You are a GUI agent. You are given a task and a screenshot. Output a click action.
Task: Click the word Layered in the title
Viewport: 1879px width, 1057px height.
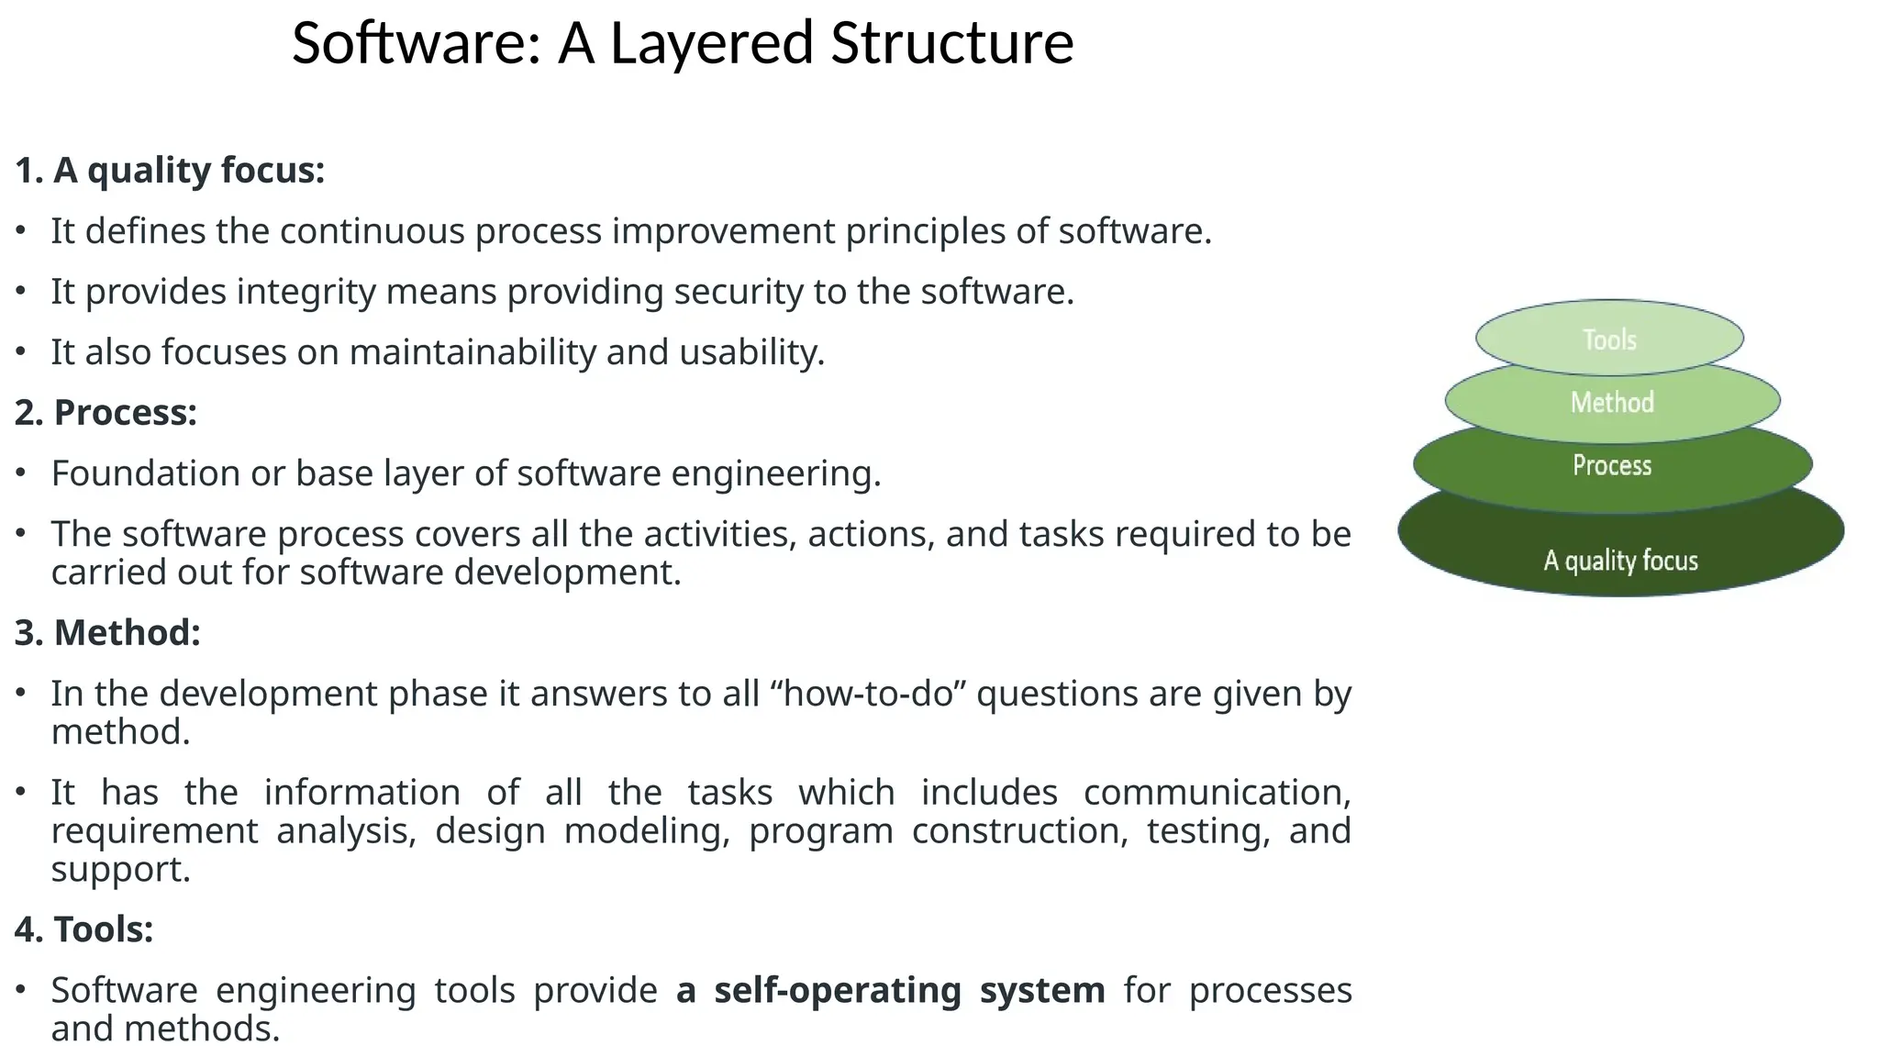(711, 43)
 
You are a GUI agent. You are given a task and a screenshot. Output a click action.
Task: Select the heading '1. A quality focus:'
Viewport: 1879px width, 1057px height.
(170, 171)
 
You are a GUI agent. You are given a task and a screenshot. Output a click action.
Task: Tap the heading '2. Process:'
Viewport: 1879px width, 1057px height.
(106, 413)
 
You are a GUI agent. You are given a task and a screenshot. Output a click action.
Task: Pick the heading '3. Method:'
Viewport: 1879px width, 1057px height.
(107, 633)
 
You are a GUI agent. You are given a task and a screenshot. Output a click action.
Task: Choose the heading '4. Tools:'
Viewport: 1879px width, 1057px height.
(83, 929)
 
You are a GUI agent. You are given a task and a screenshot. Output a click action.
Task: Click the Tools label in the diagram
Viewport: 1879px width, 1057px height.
(1609, 339)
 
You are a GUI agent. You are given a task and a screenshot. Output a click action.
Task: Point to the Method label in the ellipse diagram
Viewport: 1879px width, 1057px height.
(1612, 402)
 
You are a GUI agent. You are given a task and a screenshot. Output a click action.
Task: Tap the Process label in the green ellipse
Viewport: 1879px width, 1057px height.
(1612, 465)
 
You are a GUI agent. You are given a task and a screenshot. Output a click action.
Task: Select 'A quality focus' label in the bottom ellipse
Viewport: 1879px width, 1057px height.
(1620, 561)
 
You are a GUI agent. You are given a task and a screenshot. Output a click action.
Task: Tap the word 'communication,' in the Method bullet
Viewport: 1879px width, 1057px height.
(1217, 793)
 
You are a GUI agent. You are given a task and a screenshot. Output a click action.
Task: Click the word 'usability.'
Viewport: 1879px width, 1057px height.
(751, 352)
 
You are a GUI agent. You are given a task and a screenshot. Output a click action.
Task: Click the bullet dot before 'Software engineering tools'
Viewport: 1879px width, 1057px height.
(21, 989)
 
